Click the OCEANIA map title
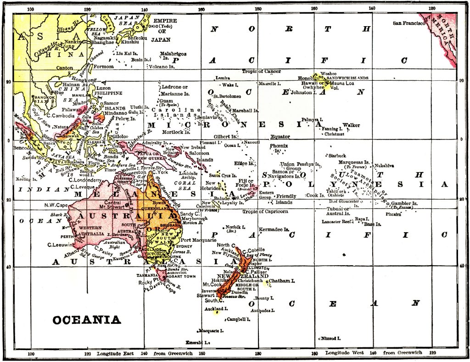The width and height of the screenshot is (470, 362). [x=86, y=320]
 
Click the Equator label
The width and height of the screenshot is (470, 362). [x=280, y=136]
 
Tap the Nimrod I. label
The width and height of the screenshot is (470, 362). [x=330, y=338]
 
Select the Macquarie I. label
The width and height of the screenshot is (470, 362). [x=211, y=330]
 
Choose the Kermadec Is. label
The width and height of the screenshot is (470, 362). [x=274, y=229]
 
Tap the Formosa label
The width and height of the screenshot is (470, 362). [x=103, y=67]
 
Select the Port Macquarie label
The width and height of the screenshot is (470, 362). [x=198, y=240]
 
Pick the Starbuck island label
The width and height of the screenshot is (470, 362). [x=337, y=156]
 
